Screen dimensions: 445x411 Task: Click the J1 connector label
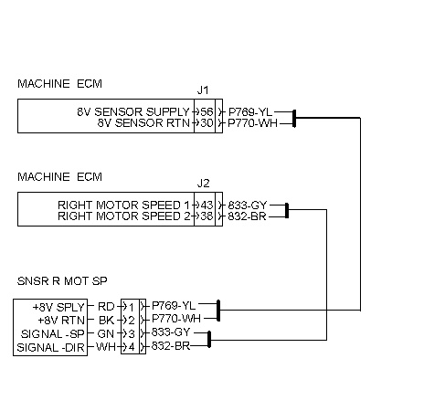[x=203, y=90]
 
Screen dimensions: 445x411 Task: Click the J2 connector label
[x=203, y=184]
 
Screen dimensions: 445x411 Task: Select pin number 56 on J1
[x=207, y=112]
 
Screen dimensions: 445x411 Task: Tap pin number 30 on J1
[x=207, y=123]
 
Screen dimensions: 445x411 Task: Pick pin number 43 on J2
[x=207, y=205]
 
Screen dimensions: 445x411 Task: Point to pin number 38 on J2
[x=207, y=216]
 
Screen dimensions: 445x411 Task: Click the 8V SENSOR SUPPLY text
[x=133, y=112]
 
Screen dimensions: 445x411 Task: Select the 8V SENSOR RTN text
[x=143, y=123]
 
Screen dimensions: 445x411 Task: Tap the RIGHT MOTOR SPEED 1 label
[x=123, y=205]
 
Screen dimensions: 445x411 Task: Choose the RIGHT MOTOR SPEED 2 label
[x=123, y=216]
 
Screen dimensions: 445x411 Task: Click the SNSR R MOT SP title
[x=62, y=281]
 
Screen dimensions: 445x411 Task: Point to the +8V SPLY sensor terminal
[x=58, y=307]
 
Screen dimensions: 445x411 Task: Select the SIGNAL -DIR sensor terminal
[x=50, y=347]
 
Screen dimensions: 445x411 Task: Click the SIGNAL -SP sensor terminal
[x=52, y=334]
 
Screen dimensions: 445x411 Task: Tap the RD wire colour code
[x=106, y=307]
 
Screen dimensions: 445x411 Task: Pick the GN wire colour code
[x=106, y=334]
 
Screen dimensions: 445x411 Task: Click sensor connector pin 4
[x=132, y=347]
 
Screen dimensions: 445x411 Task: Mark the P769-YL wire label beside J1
[x=250, y=112]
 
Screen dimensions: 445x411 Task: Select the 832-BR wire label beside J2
[x=247, y=216]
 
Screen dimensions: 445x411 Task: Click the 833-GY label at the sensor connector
[x=171, y=332]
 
